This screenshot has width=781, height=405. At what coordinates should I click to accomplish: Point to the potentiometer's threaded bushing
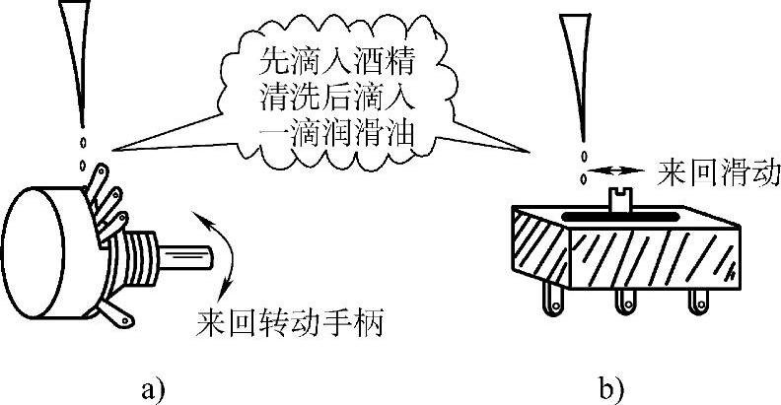click(x=143, y=255)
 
